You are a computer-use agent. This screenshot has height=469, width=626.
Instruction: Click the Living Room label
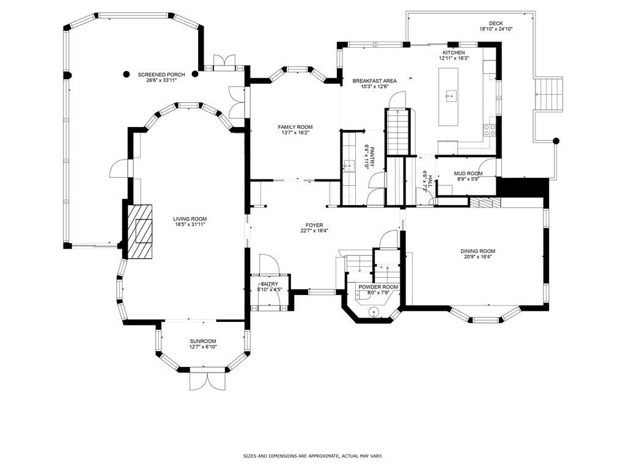pos(190,219)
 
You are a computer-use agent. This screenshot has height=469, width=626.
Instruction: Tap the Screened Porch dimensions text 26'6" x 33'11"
pos(161,80)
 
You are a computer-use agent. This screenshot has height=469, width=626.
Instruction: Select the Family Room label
pos(295,127)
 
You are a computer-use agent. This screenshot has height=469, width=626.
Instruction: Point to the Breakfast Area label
pos(375,81)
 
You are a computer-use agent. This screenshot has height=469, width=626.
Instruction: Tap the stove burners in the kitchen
pos(490,130)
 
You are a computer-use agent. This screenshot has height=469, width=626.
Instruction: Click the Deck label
pos(496,23)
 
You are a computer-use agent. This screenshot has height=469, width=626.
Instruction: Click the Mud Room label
pos(468,173)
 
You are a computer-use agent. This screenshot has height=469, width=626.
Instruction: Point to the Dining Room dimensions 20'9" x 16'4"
pos(478,257)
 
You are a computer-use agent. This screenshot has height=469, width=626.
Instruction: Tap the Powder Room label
pos(378,287)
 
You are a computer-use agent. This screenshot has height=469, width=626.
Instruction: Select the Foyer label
pos(315,225)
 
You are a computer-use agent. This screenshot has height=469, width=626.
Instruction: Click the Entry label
pos(270,285)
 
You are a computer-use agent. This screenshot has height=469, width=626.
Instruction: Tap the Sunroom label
pos(203,341)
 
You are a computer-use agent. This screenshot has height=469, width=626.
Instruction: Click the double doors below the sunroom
pos(207,381)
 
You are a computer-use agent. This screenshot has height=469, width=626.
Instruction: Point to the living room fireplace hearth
pos(140,231)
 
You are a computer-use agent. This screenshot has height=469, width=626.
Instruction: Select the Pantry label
pos(372,158)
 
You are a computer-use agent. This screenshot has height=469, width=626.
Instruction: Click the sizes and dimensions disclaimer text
pos(313,456)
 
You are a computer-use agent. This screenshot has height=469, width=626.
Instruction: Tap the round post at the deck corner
pos(556,141)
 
